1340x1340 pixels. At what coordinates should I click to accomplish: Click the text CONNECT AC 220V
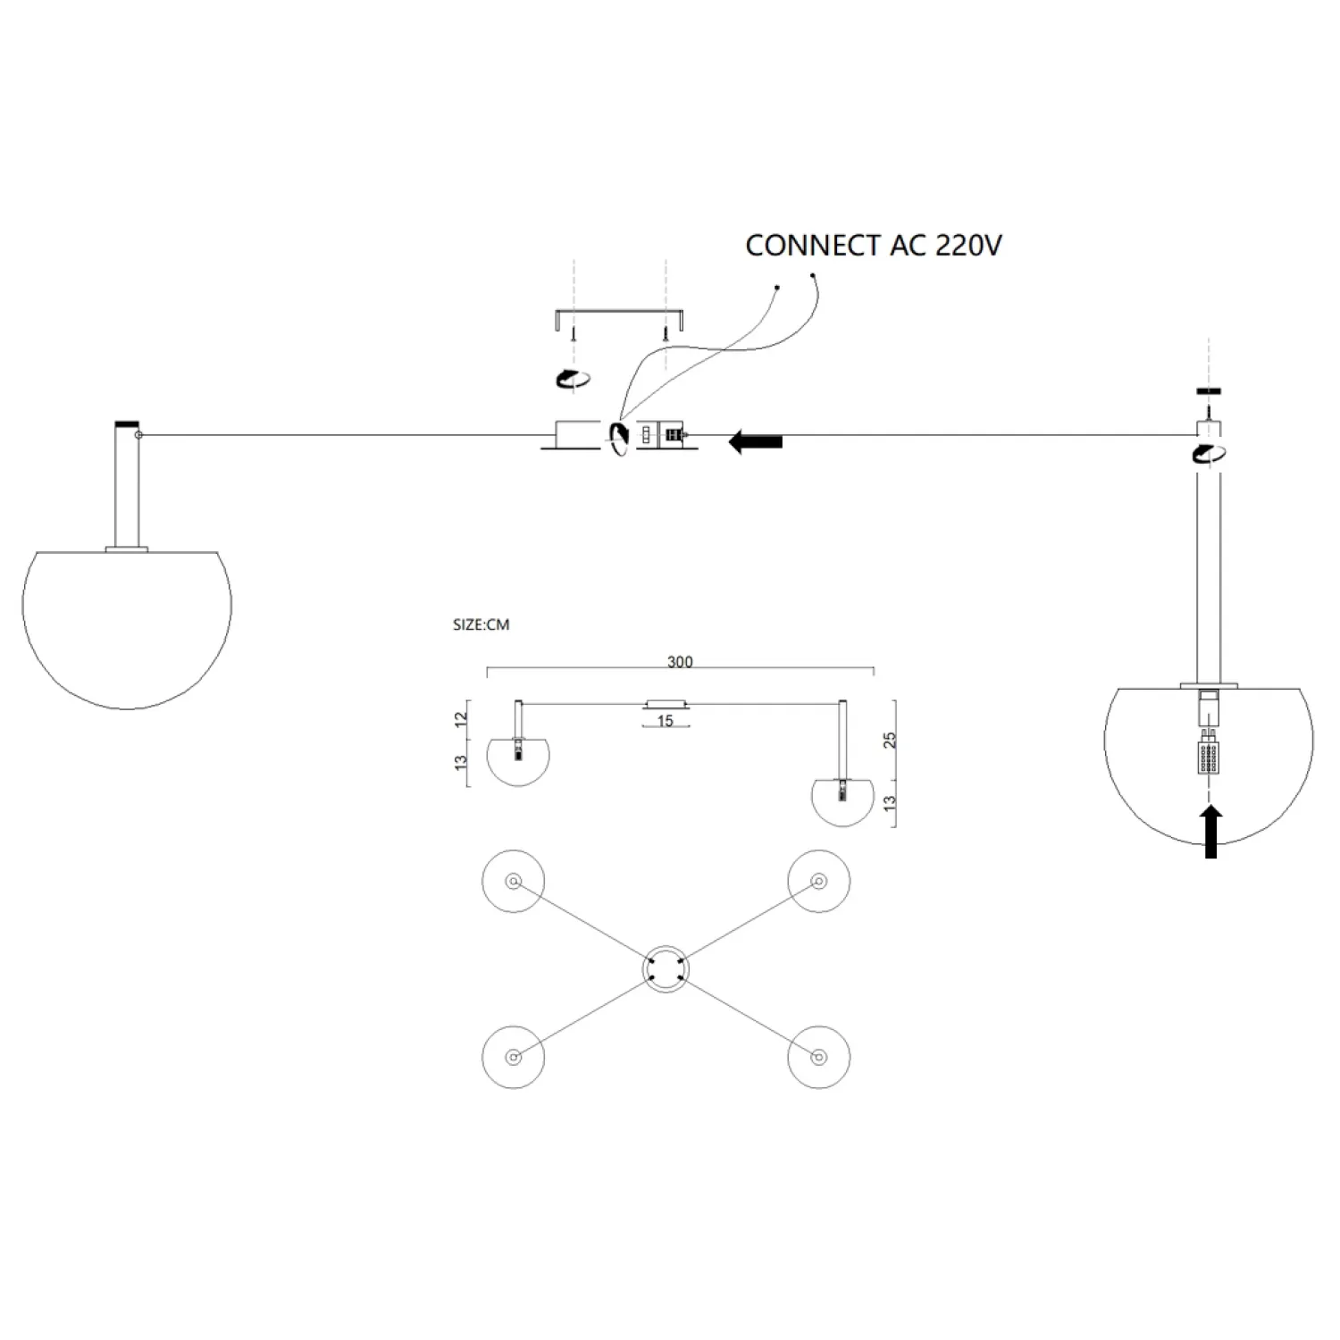click(873, 245)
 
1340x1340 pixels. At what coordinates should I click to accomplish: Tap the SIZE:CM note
click(481, 625)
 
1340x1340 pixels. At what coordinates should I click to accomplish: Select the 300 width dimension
click(680, 662)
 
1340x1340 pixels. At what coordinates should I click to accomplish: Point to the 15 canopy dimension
click(665, 721)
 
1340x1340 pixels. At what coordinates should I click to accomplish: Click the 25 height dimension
click(889, 740)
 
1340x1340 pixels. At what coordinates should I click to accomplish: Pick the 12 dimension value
click(461, 719)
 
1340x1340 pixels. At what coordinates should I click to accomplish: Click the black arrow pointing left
click(756, 441)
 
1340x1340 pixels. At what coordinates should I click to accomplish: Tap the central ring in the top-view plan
click(666, 969)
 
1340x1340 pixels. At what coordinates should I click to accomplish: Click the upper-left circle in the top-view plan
click(513, 882)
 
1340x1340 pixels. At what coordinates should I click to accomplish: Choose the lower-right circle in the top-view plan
click(818, 1057)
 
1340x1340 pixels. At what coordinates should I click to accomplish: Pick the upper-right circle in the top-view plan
click(818, 882)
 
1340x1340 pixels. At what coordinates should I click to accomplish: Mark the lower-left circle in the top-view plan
click(513, 1057)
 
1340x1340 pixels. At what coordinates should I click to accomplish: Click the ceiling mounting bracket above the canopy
click(619, 315)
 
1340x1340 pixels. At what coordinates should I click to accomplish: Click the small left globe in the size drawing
click(518, 764)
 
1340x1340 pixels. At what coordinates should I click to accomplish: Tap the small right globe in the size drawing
click(842, 802)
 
